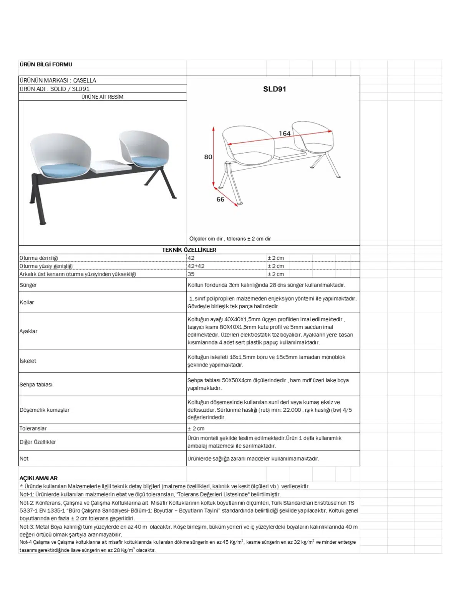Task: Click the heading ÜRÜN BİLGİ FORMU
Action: tap(46, 64)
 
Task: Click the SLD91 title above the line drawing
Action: tap(274, 89)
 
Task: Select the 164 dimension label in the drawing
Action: tap(285, 134)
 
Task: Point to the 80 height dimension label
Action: tap(208, 157)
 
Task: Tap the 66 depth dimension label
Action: tap(221, 199)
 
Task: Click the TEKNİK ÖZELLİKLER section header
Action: tap(189, 250)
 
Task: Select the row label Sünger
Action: tap(28, 285)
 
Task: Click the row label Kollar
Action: tap(27, 302)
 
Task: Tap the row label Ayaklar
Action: tap(28, 331)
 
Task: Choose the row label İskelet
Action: tap(28, 361)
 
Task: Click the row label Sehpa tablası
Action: tap(36, 385)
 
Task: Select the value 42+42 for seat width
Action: tap(196, 266)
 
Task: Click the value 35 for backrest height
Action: tap(191, 274)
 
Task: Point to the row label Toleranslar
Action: tap(33, 428)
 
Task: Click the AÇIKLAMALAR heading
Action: tap(38, 478)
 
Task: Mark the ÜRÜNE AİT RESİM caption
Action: tap(102, 97)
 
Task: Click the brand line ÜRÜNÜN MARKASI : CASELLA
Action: tap(58, 81)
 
